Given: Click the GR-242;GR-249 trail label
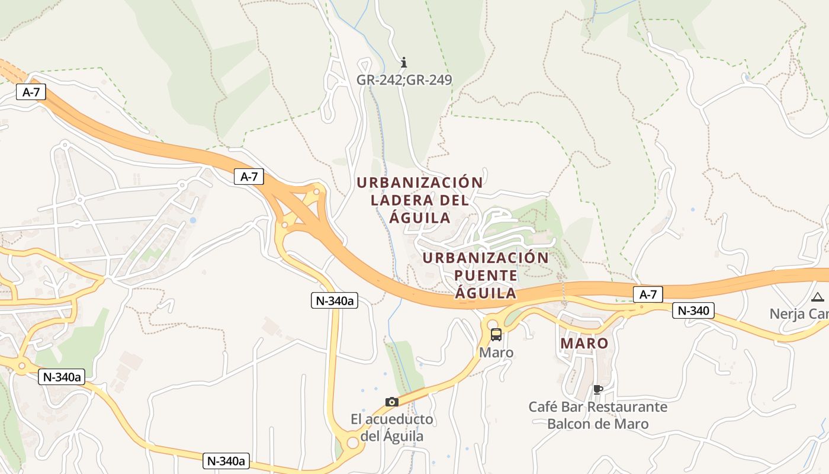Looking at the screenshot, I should click(x=404, y=79).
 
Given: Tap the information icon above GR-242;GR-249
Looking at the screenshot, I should click(x=404, y=62).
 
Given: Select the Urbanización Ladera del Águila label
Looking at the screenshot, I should click(x=420, y=200).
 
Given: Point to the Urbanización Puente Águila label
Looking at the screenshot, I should click(x=486, y=276).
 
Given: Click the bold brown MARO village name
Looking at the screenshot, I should click(x=584, y=343).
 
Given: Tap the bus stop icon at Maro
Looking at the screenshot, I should click(x=496, y=335).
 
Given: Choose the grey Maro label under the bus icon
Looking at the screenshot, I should click(x=496, y=353).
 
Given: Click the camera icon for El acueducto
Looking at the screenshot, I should click(x=391, y=402).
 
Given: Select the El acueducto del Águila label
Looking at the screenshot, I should click(x=392, y=428).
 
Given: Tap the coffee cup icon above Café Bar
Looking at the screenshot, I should click(x=597, y=389).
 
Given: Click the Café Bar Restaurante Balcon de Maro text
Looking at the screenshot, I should click(x=598, y=415).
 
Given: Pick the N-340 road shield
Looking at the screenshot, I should click(x=693, y=310).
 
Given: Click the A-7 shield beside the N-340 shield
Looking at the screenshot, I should click(x=648, y=294).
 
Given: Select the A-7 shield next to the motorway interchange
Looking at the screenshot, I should click(x=249, y=176).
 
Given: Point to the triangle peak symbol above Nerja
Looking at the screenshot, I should click(x=818, y=297).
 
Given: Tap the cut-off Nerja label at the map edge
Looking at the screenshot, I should click(x=799, y=313).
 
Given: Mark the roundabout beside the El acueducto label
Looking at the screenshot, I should click(x=353, y=443).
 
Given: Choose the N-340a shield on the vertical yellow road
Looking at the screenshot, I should click(x=335, y=300).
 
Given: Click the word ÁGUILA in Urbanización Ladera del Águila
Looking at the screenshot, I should click(x=420, y=217).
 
